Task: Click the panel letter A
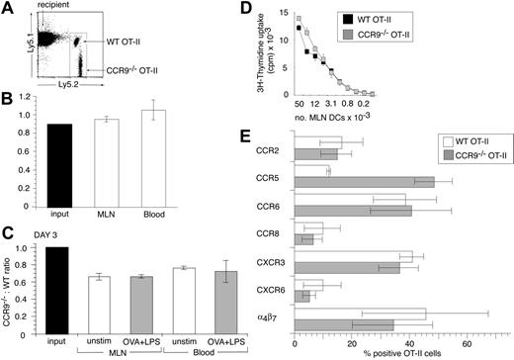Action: point(8,10)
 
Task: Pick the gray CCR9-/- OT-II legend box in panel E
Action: point(411,155)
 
